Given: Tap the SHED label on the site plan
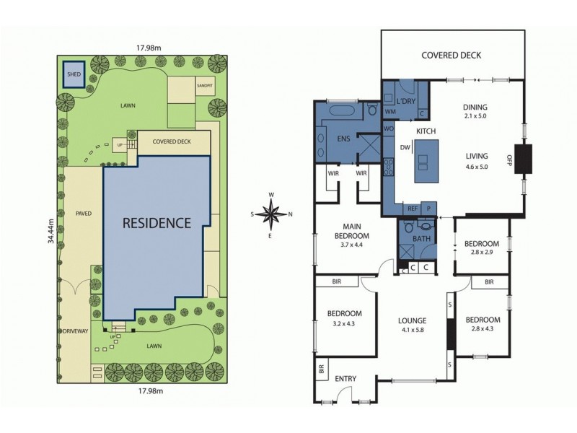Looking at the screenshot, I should click(x=73, y=74).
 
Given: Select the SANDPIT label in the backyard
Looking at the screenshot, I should click(x=205, y=85).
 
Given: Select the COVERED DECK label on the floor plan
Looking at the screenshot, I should click(x=452, y=56).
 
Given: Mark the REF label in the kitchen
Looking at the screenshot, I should click(x=413, y=208).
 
